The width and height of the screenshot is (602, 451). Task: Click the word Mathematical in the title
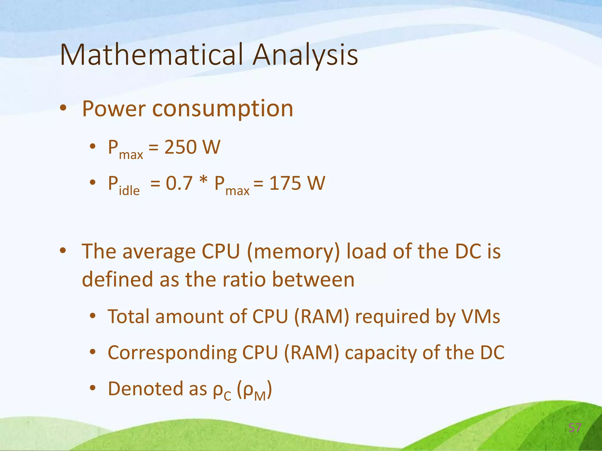[151, 55]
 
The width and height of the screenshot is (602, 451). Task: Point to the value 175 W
[297, 183]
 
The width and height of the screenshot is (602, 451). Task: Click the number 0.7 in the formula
[179, 183]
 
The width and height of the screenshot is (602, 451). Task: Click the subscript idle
[129, 191]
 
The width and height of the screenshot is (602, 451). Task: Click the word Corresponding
[172, 353]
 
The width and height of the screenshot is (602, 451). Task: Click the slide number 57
[575, 428]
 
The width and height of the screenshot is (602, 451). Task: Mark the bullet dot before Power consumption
[63, 108]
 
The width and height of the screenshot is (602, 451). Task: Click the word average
[159, 252]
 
